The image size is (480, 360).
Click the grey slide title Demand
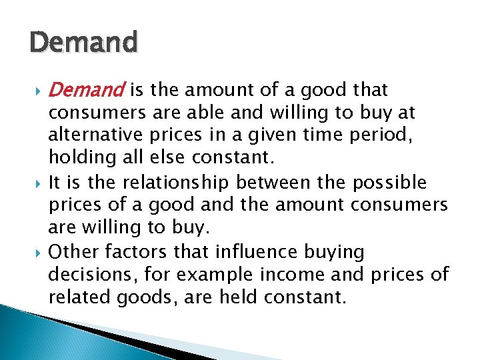click(83, 43)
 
